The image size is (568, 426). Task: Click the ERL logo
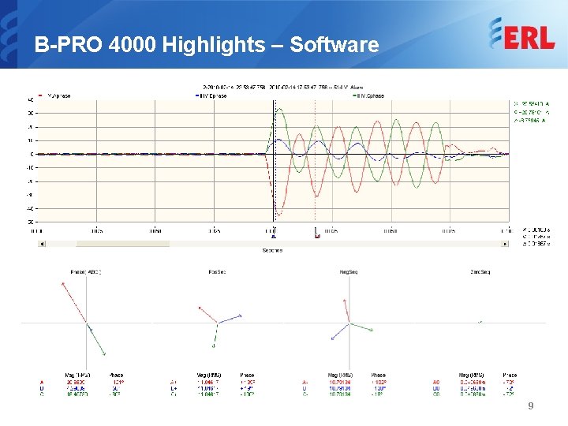tap(521, 35)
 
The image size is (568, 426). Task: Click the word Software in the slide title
tap(334, 45)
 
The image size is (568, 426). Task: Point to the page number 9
tap(531, 405)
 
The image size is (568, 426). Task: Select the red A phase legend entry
tap(58, 95)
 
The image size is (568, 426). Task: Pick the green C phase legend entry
tap(369, 95)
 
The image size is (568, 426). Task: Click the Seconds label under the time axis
tap(272, 250)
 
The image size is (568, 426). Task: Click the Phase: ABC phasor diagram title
tap(86, 272)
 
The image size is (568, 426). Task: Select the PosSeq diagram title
tap(216, 272)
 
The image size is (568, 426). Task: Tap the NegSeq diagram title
tap(346, 272)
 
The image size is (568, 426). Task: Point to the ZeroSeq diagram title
tap(480, 272)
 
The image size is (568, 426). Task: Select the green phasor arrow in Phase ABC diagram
tap(96, 339)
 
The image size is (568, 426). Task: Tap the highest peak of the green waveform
tap(278, 110)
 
